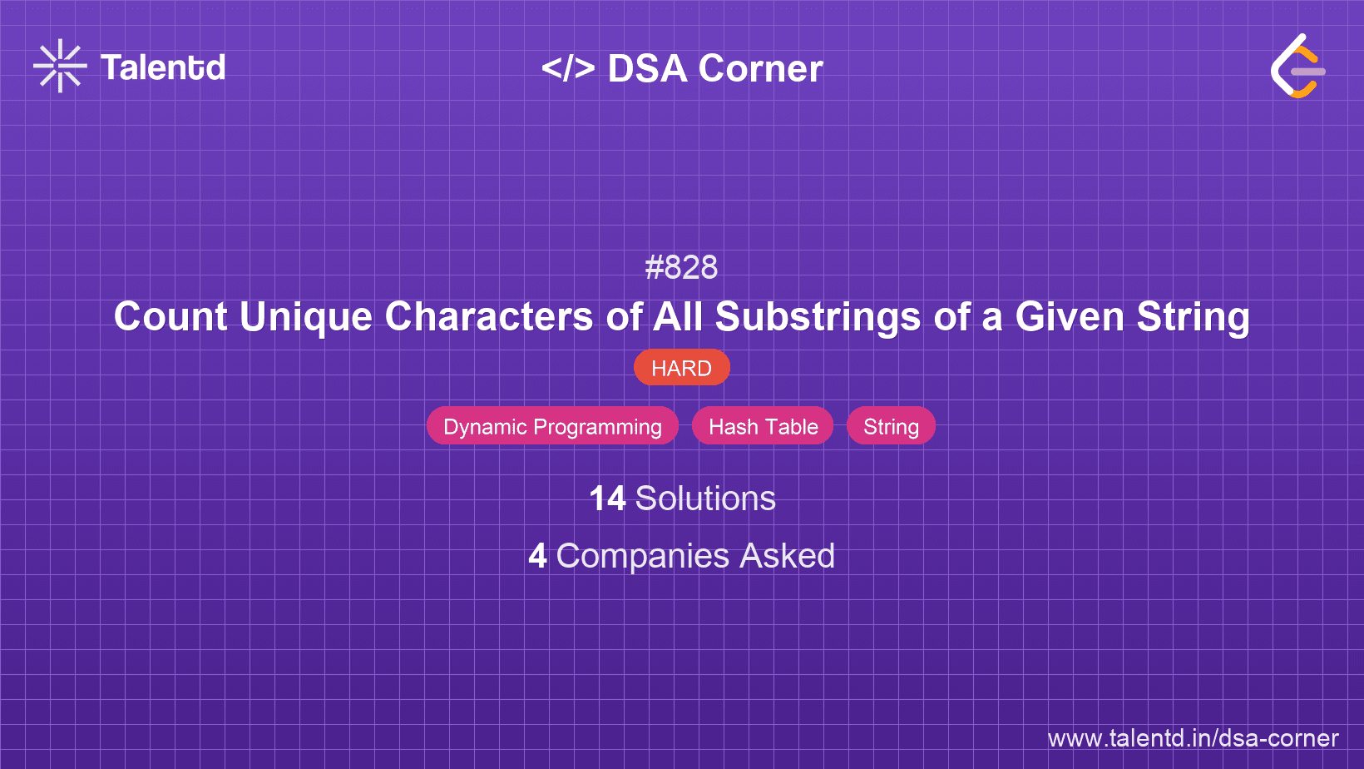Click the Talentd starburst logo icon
pos(60,66)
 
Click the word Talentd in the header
pos(163,67)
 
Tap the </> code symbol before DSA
pos(568,68)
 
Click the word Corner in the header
pos(760,68)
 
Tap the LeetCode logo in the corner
pos(1297,67)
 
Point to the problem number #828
pos(681,267)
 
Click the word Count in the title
pos(170,317)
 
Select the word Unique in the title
pos(306,317)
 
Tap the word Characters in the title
pos(489,317)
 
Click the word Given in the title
pos(1070,317)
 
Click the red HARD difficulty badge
pos(681,368)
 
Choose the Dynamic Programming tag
pos(552,426)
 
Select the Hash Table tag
pos(763,426)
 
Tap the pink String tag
pos(891,426)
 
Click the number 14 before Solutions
pos(607,499)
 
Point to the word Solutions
pos(705,499)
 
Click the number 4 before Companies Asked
pos(537,556)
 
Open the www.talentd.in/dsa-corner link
pos(1193,738)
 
